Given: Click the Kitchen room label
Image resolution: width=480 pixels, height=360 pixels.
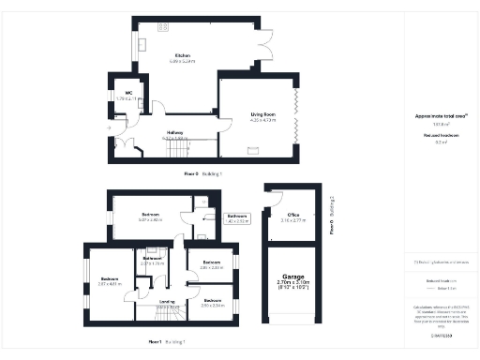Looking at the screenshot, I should (x=184, y=56).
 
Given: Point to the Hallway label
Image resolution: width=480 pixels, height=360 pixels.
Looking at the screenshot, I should (x=174, y=132).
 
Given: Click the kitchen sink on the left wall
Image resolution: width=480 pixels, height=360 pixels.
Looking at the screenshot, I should (x=142, y=46).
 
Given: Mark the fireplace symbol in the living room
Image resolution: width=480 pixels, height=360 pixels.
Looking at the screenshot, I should (x=253, y=151).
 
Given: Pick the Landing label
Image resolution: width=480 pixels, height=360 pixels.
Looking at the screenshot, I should (x=166, y=302).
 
